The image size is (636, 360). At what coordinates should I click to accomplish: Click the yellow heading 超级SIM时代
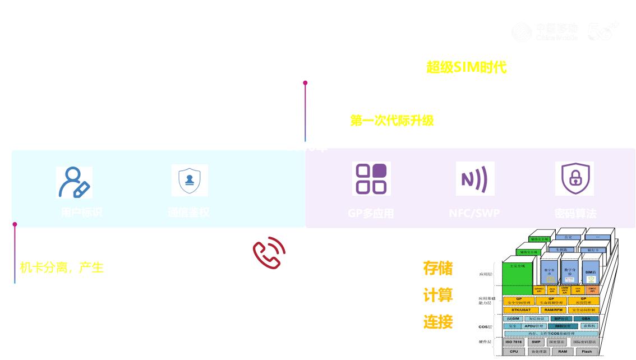click(x=466, y=68)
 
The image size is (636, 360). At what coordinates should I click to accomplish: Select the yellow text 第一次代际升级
click(x=391, y=121)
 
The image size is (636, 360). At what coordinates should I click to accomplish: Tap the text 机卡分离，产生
click(x=62, y=267)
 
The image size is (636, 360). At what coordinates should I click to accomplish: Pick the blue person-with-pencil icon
click(x=74, y=182)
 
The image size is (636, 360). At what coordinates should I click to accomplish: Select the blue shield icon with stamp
click(x=190, y=180)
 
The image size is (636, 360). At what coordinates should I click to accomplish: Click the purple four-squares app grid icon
click(x=371, y=179)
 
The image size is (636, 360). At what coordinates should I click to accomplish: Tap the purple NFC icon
click(x=474, y=179)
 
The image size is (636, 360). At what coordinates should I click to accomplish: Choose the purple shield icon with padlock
click(x=574, y=179)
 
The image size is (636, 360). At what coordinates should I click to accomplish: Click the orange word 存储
click(x=437, y=268)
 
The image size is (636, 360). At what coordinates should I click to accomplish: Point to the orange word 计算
click(x=437, y=295)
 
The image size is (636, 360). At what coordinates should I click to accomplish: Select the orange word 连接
click(x=437, y=322)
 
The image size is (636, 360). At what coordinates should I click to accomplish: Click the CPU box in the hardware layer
click(x=514, y=352)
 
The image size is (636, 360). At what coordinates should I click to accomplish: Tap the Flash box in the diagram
click(x=586, y=352)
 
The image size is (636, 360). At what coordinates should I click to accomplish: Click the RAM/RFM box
click(x=554, y=310)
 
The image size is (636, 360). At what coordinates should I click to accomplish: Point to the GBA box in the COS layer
click(x=586, y=319)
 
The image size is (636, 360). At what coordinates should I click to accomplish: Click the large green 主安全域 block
click(x=521, y=273)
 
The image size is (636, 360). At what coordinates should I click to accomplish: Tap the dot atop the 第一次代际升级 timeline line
click(x=305, y=83)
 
